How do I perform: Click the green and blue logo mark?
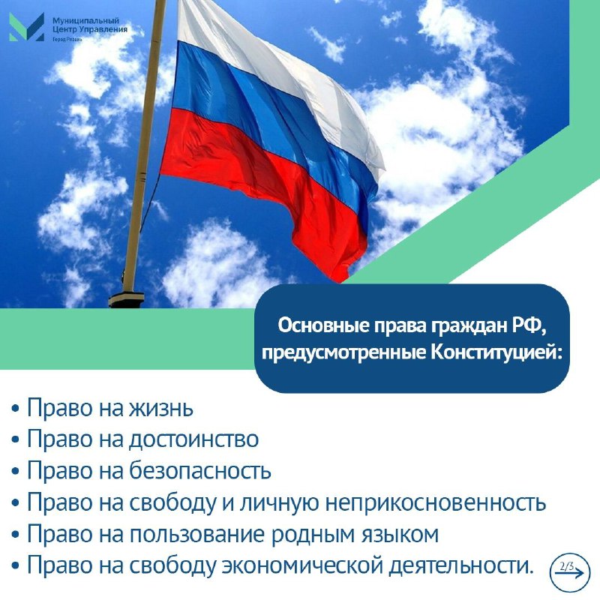(26, 27)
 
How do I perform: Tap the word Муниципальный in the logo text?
(85, 21)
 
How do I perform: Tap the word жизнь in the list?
(161, 408)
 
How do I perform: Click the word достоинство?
(194, 439)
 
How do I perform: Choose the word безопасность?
(200, 471)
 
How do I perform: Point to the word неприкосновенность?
(436, 502)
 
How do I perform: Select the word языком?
(400, 534)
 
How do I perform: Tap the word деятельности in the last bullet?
(460, 565)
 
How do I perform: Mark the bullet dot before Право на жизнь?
(15, 409)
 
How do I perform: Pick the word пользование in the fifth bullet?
(197, 534)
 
